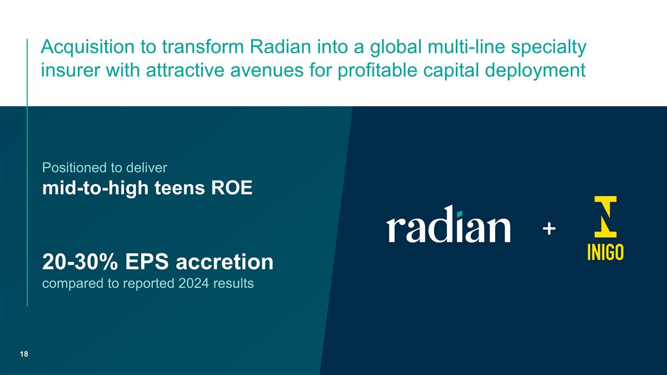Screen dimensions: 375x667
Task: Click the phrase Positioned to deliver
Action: click(104, 167)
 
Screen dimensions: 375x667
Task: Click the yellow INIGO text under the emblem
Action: click(605, 252)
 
